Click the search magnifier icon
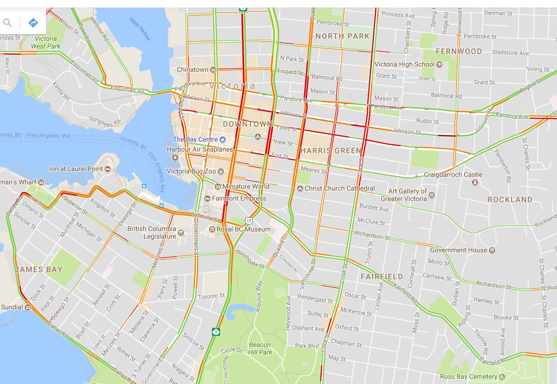(8, 22)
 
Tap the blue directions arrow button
(33, 22)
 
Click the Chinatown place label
(192, 69)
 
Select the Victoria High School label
(404, 64)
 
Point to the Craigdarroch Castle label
(453, 175)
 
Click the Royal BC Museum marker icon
(212, 230)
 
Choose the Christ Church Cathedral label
(339, 188)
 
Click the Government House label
(459, 250)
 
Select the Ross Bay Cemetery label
(468, 376)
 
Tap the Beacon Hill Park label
(260, 348)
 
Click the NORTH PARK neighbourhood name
(342, 36)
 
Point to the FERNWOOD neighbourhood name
(459, 51)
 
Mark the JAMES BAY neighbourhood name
(39, 269)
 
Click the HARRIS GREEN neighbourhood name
(331, 151)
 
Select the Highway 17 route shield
(249, 221)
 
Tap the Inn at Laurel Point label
(76, 169)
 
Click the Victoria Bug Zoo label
(191, 171)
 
